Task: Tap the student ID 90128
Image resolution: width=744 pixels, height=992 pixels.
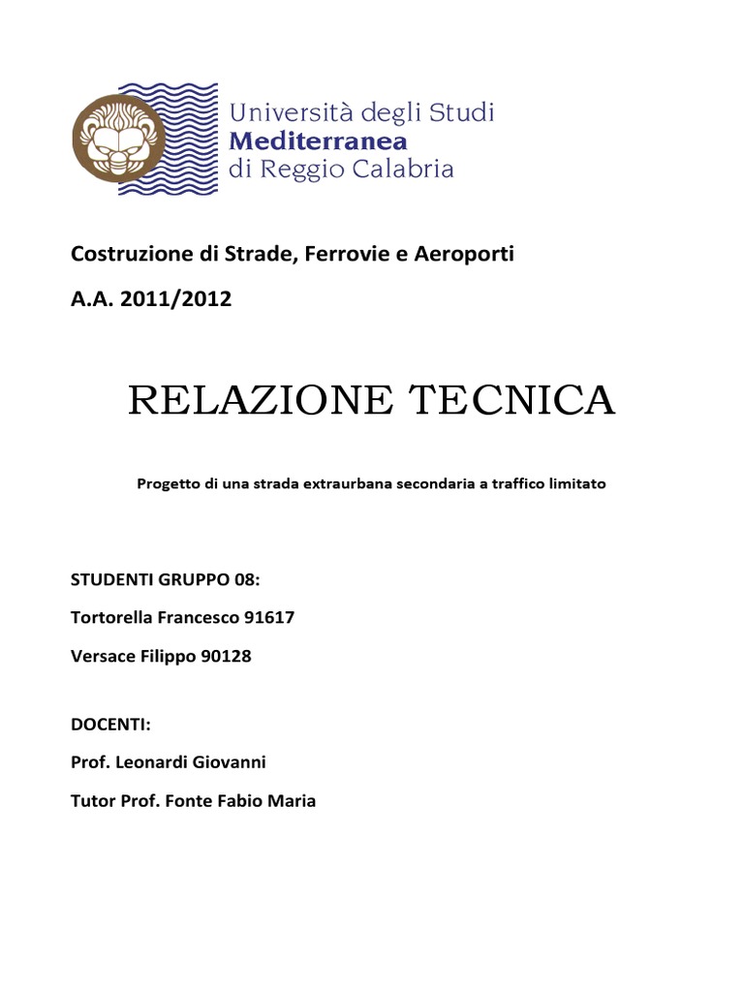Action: coord(227,657)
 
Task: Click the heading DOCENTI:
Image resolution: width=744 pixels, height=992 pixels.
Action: coord(111,725)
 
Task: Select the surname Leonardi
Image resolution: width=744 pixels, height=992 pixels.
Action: coord(147,763)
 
